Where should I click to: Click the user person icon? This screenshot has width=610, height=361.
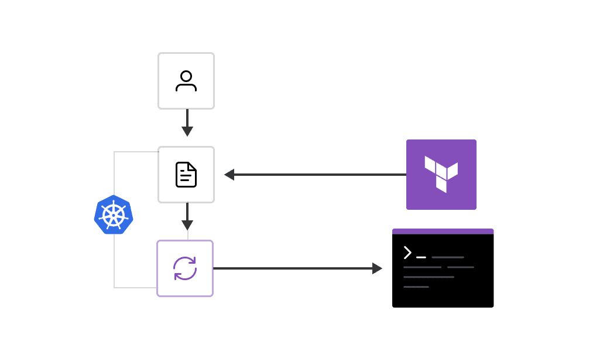pyautogui.click(x=186, y=81)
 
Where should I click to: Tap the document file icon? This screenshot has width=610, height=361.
pyautogui.click(x=186, y=175)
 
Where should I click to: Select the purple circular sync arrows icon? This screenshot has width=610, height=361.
pyautogui.click(x=185, y=268)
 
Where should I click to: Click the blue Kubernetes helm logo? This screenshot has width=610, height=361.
pyautogui.click(x=114, y=214)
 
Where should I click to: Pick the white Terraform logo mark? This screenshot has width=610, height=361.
pyautogui.click(x=441, y=173)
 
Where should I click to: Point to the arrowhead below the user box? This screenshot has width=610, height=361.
pyautogui.click(x=187, y=131)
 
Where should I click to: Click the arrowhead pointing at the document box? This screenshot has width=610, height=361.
pyautogui.click(x=229, y=175)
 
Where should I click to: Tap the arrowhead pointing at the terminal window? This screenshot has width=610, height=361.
pyautogui.click(x=377, y=268)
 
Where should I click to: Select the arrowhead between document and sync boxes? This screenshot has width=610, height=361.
pyautogui.click(x=187, y=225)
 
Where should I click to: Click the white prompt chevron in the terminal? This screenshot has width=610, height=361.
pyautogui.click(x=407, y=253)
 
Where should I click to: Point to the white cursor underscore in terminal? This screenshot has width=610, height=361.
pyautogui.click(x=421, y=257)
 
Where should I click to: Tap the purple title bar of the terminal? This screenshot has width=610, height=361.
pyautogui.click(x=443, y=231)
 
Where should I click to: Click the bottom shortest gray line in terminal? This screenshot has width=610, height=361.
pyautogui.click(x=416, y=287)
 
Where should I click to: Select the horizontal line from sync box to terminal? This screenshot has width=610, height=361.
pyautogui.click(x=293, y=268)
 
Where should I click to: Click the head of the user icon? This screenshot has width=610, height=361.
pyautogui.click(x=186, y=76)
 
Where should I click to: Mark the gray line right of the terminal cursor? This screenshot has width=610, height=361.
pyautogui.click(x=448, y=257)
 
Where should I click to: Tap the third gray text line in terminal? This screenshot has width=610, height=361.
pyautogui.click(x=429, y=277)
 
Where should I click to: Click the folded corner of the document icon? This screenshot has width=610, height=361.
pyautogui.click(x=191, y=167)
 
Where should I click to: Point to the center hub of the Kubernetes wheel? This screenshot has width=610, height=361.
pyautogui.click(x=114, y=215)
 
